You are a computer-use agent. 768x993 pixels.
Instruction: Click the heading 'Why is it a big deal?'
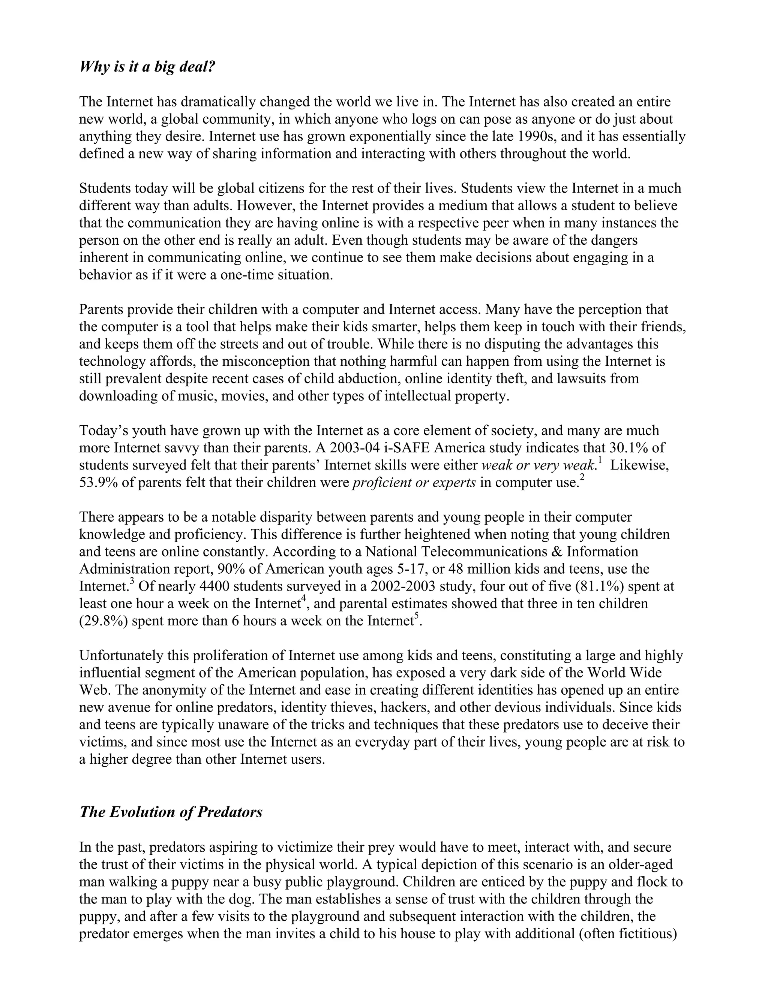tap(147, 67)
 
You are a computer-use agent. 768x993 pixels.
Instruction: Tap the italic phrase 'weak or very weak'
tap(538, 465)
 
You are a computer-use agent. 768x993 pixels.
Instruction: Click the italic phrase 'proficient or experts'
tap(414, 482)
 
